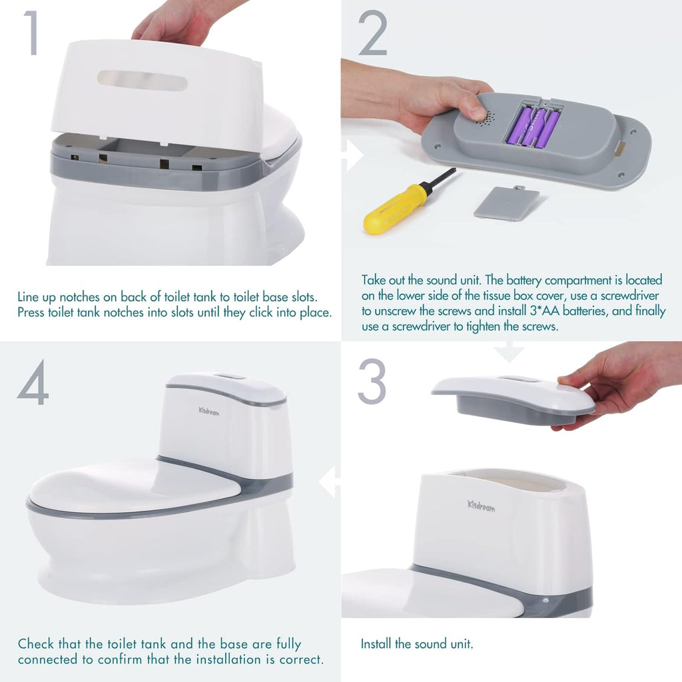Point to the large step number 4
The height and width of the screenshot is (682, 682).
tap(33, 383)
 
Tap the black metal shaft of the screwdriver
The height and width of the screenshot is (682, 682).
tap(440, 180)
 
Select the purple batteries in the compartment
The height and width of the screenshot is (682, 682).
tap(533, 127)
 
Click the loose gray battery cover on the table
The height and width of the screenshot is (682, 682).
tap(506, 202)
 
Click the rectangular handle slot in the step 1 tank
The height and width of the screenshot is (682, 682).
tap(142, 81)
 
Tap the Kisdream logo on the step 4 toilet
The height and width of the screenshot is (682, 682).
tap(208, 412)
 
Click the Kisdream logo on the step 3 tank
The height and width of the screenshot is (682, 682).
tap(481, 506)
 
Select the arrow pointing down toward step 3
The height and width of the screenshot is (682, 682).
tap(509, 352)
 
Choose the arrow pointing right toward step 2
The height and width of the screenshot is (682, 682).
tap(352, 155)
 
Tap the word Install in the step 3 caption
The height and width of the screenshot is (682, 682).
tap(376, 644)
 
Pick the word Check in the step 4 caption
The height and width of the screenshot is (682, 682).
tap(36, 644)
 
